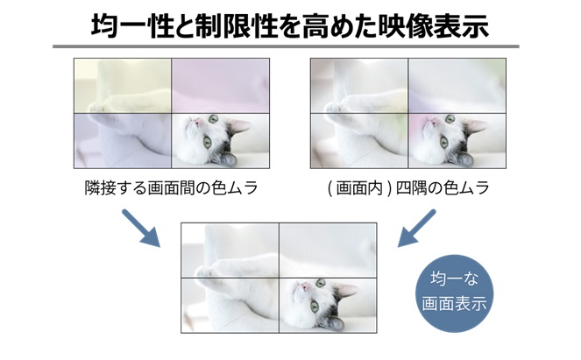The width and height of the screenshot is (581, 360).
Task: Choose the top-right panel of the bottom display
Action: pos(328,250)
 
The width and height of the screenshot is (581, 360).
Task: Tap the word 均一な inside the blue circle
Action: pos(453,283)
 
